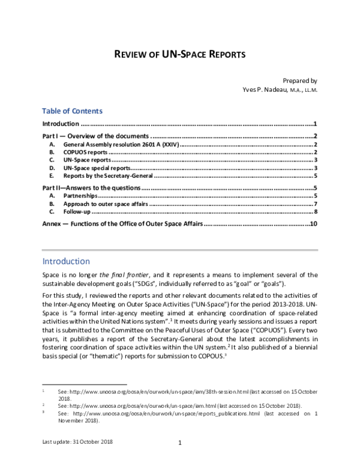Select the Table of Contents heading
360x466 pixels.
tap(72, 111)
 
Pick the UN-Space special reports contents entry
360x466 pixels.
tap(97, 168)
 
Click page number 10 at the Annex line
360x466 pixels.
tap(313, 224)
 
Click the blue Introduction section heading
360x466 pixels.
tap(66, 261)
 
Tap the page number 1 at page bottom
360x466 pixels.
tap(180, 444)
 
